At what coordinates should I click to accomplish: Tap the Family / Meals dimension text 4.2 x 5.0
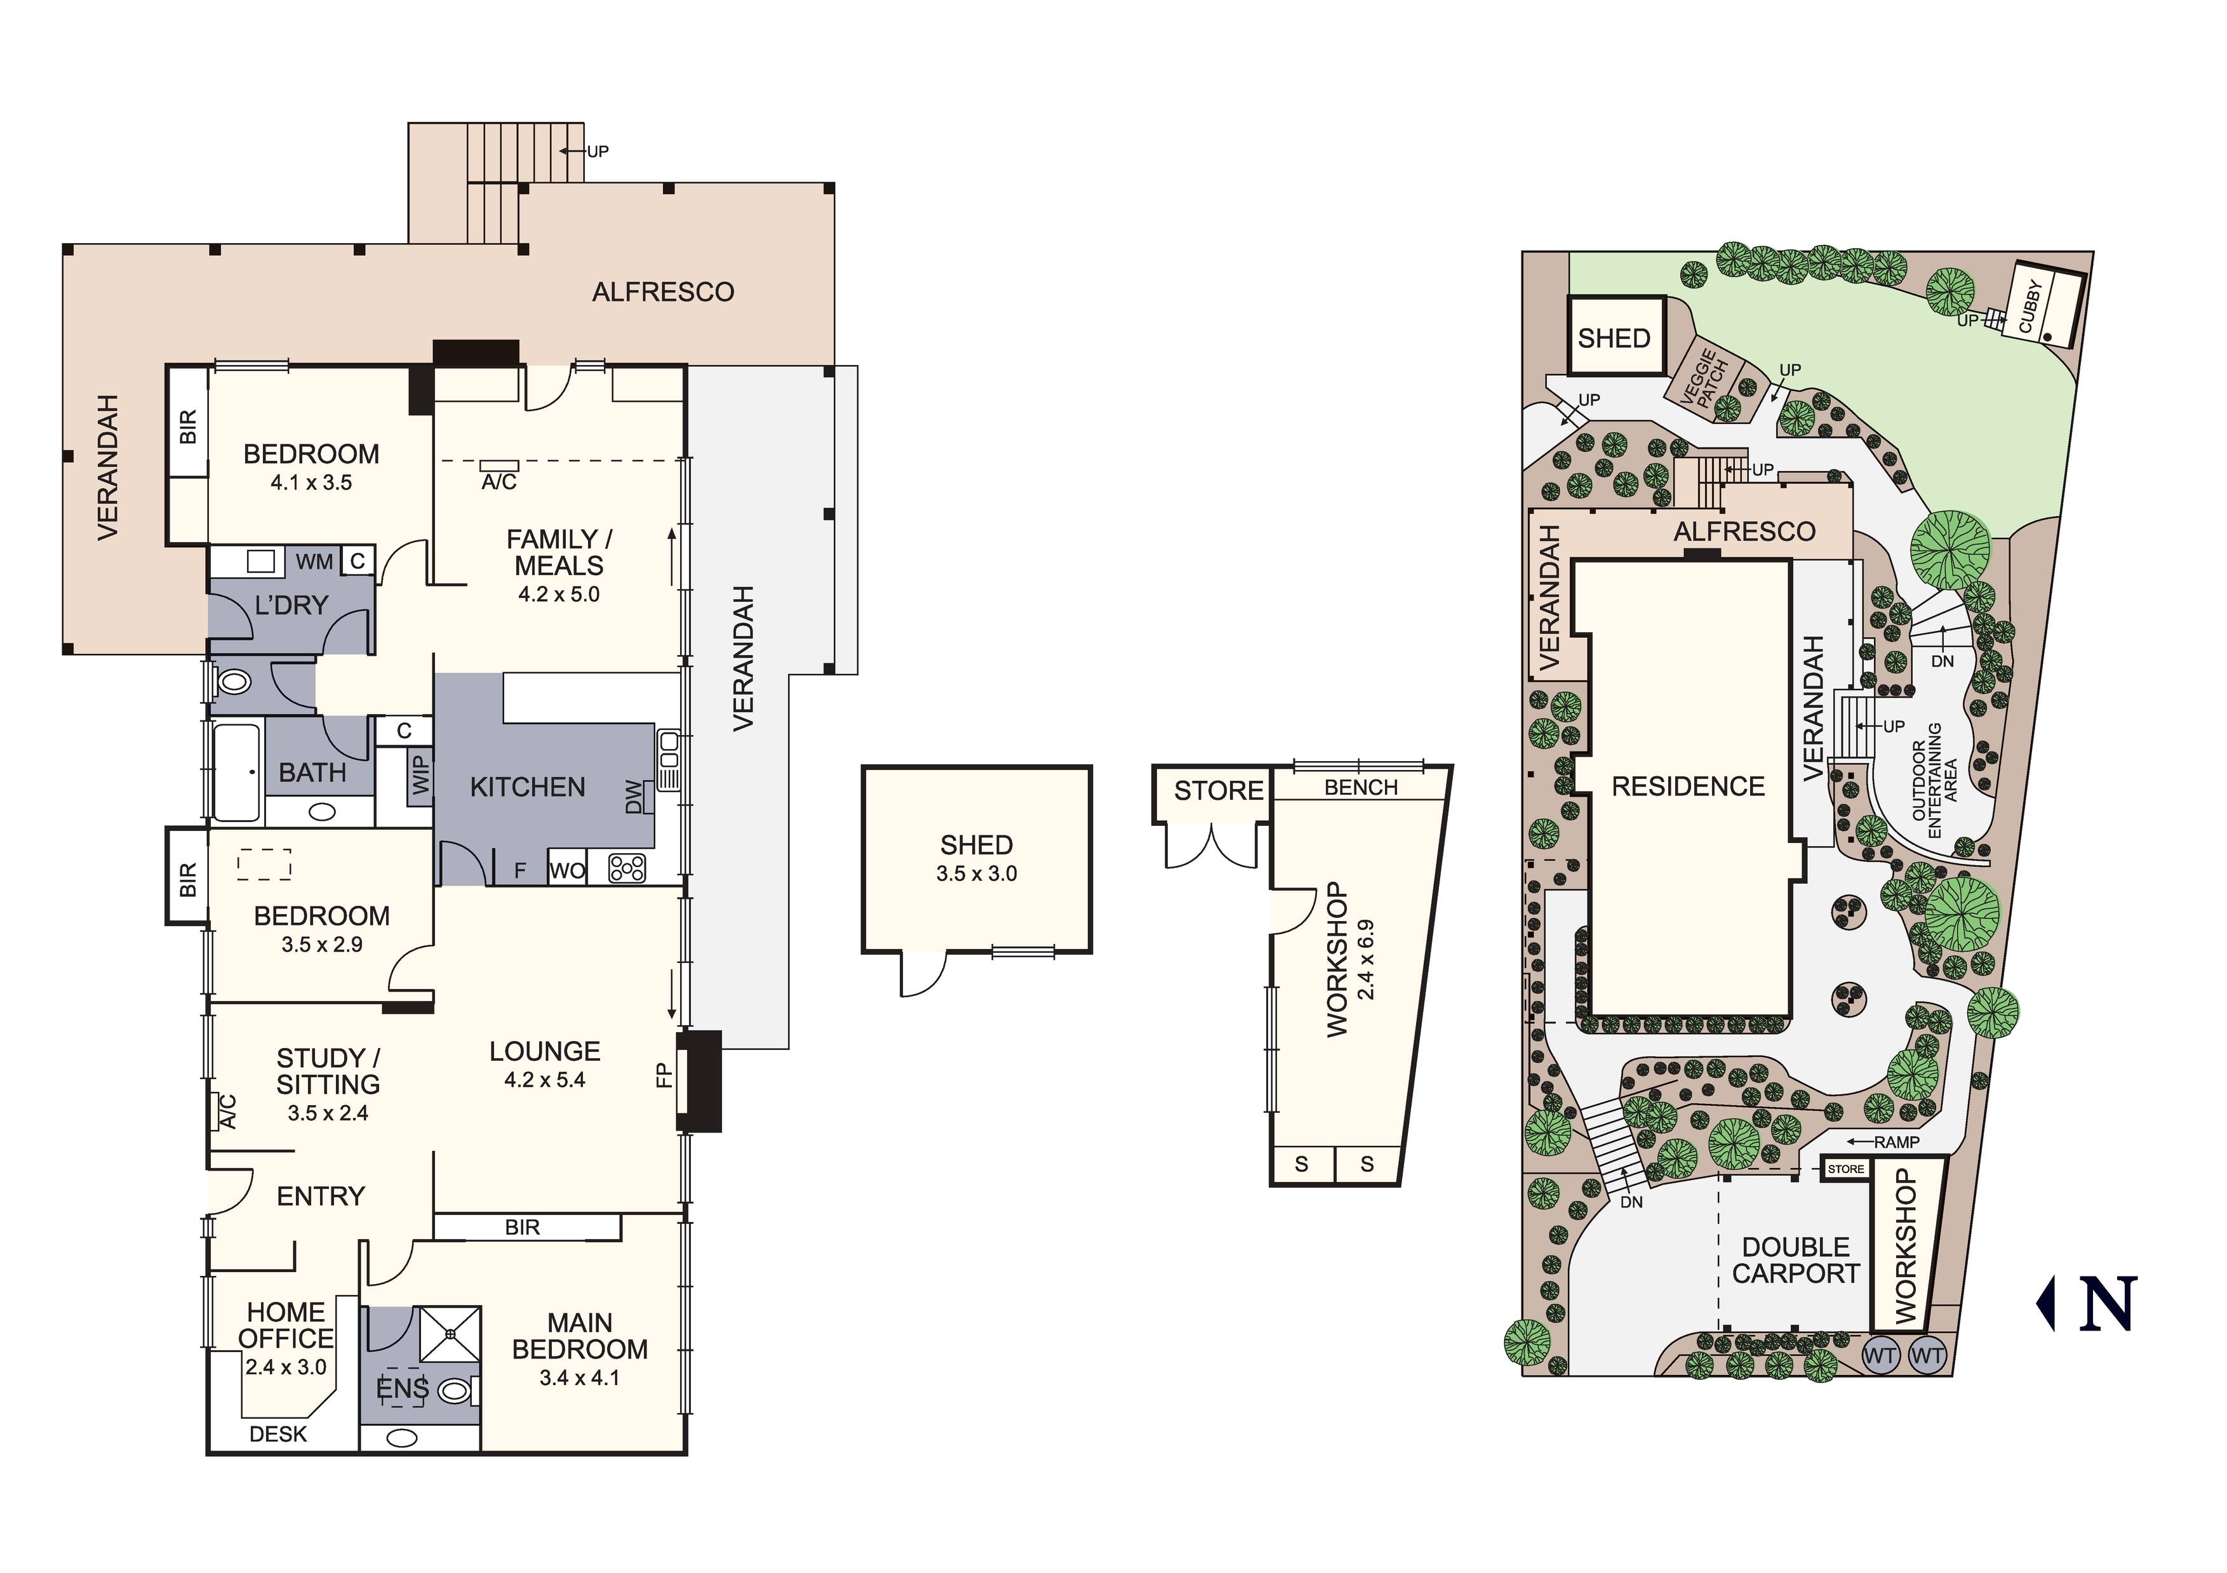pyautogui.click(x=559, y=595)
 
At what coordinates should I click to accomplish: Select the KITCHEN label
pyautogui.click(x=528, y=788)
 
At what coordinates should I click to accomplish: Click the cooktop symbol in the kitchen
pyautogui.click(x=627, y=867)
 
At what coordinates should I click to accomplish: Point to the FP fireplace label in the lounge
pyautogui.click(x=664, y=1075)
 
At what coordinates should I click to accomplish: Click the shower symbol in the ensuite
pyautogui.click(x=450, y=1334)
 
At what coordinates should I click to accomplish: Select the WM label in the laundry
pyautogui.click(x=314, y=562)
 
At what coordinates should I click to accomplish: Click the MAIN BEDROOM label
pyautogui.click(x=580, y=1336)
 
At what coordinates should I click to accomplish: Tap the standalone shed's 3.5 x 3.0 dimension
pyautogui.click(x=977, y=873)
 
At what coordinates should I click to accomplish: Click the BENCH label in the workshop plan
pyautogui.click(x=1361, y=788)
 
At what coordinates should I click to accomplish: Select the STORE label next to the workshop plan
pyautogui.click(x=1219, y=792)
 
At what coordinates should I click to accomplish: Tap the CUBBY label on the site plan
pyautogui.click(x=2030, y=307)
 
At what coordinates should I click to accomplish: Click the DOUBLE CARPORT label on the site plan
pyautogui.click(x=1796, y=1261)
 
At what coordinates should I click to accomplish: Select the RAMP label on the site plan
pyautogui.click(x=1897, y=1143)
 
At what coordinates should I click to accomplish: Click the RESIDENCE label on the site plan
pyautogui.click(x=1689, y=786)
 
